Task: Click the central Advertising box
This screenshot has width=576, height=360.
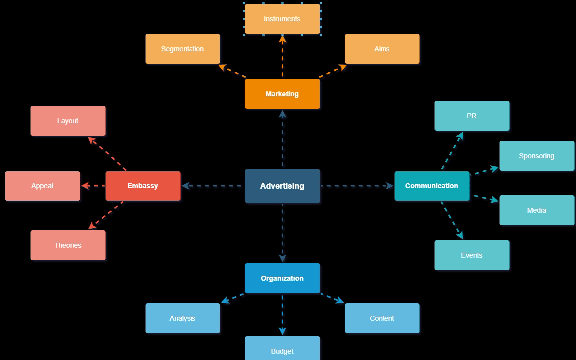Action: click(282, 186)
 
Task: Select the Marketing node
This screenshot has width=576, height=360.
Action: click(282, 94)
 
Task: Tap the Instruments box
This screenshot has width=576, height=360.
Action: click(282, 19)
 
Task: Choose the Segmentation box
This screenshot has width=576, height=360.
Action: click(183, 49)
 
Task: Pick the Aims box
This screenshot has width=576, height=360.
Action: click(382, 49)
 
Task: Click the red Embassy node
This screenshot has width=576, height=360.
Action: click(143, 186)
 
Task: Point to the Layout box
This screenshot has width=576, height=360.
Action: click(68, 121)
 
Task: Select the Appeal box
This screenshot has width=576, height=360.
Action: click(42, 186)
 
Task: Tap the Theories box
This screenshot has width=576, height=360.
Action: click(68, 245)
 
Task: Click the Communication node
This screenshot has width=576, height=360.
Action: click(432, 186)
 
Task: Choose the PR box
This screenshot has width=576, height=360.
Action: click(472, 116)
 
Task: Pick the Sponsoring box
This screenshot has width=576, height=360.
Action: click(537, 156)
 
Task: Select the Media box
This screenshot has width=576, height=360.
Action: click(537, 210)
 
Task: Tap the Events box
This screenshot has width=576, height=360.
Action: click(472, 255)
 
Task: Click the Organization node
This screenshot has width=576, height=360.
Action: click(282, 278)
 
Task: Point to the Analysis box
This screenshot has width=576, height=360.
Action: click(183, 318)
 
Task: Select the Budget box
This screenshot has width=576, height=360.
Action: click(282, 349)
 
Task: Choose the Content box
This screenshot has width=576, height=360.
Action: click(382, 318)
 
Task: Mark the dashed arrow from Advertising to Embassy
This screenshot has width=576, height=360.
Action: click(213, 186)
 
